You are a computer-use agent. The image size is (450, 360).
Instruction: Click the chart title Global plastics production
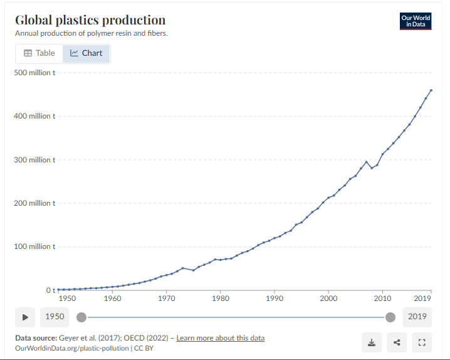(90, 20)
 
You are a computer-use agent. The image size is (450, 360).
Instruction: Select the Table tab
(39, 53)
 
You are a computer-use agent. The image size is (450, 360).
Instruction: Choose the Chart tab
(86, 53)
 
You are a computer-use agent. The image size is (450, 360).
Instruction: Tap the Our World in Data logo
(416, 21)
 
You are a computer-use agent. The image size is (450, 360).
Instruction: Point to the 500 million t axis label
(35, 73)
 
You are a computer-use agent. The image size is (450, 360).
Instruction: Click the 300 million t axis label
(35, 160)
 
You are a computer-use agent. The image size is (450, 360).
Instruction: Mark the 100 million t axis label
(35, 246)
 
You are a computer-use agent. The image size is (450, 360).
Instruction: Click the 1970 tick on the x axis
(166, 299)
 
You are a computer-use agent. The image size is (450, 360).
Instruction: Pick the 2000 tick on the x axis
(328, 299)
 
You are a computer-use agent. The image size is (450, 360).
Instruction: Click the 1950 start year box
(55, 317)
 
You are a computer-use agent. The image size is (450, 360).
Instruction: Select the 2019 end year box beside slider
(417, 317)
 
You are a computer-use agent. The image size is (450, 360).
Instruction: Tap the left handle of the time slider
(81, 317)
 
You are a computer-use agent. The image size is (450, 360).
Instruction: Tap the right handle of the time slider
(390, 317)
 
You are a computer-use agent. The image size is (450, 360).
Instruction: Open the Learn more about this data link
(220, 338)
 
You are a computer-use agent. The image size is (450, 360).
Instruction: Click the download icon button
(372, 342)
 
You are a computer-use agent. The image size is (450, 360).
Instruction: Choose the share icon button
(397, 342)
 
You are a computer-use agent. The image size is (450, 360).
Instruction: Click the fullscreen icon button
(422, 342)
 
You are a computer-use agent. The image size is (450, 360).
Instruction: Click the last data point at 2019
(431, 90)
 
